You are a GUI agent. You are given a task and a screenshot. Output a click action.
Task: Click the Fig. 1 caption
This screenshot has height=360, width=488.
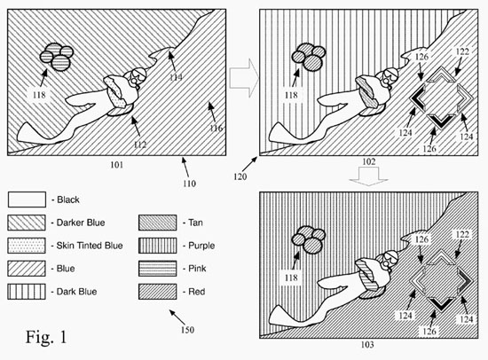pos(46,337)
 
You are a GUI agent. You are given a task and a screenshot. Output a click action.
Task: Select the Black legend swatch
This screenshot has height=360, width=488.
pos(27,200)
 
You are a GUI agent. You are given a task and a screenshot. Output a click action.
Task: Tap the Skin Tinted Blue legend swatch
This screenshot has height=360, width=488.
pos(27,246)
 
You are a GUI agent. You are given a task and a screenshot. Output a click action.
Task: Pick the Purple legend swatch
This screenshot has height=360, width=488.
pos(157,246)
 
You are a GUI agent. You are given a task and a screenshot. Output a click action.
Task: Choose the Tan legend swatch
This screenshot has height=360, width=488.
pos(157,223)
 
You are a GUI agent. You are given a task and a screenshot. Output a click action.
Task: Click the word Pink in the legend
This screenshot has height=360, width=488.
pos(197,268)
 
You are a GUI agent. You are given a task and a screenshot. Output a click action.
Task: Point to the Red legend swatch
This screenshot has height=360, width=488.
pos(157,292)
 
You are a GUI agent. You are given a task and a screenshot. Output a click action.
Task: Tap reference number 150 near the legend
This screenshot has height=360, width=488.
pos(187,330)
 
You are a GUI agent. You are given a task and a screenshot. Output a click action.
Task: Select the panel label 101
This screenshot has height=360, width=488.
pos(117,165)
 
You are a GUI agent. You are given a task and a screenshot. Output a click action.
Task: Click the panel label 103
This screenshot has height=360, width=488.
pos(367,345)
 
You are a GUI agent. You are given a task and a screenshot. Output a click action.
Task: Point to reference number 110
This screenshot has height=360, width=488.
pos(189,184)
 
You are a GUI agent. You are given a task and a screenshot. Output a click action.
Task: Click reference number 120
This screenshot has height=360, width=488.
pos(240,176)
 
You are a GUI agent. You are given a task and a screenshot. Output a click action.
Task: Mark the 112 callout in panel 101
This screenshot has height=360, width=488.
pos(140,145)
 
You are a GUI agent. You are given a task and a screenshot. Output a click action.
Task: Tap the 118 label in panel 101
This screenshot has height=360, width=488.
pos(39,95)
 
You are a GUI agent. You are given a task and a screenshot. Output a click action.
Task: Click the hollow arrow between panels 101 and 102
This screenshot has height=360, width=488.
pos(244,78)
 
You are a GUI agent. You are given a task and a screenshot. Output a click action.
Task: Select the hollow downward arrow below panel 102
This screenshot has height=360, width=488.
pos(368,176)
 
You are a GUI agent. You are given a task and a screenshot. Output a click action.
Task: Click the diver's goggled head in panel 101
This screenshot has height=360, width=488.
pos(136,76)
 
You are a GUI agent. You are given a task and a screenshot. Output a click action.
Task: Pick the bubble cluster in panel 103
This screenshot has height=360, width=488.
pos(308,239)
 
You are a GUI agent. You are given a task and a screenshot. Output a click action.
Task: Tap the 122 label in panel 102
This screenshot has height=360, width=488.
pos(462,51)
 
